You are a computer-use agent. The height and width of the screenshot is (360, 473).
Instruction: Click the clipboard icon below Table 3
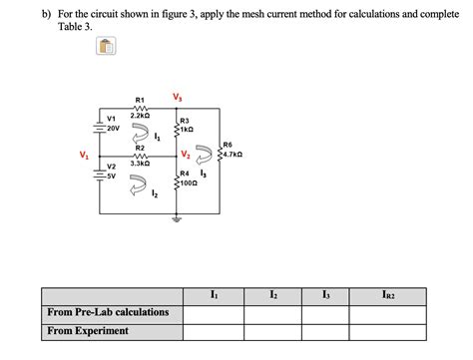pos(107,47)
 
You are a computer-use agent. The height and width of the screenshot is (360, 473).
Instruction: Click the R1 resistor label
pos(139,100)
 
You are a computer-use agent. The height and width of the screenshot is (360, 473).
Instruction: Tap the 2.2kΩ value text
pos(139,118)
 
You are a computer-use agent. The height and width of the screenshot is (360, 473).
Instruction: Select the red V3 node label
pos(178,97)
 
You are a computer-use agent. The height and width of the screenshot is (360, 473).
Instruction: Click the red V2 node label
pos(187,155)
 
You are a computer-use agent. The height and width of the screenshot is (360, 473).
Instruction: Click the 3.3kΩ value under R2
pos(139,163)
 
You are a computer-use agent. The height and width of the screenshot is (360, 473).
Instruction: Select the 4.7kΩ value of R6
pos(231,155)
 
